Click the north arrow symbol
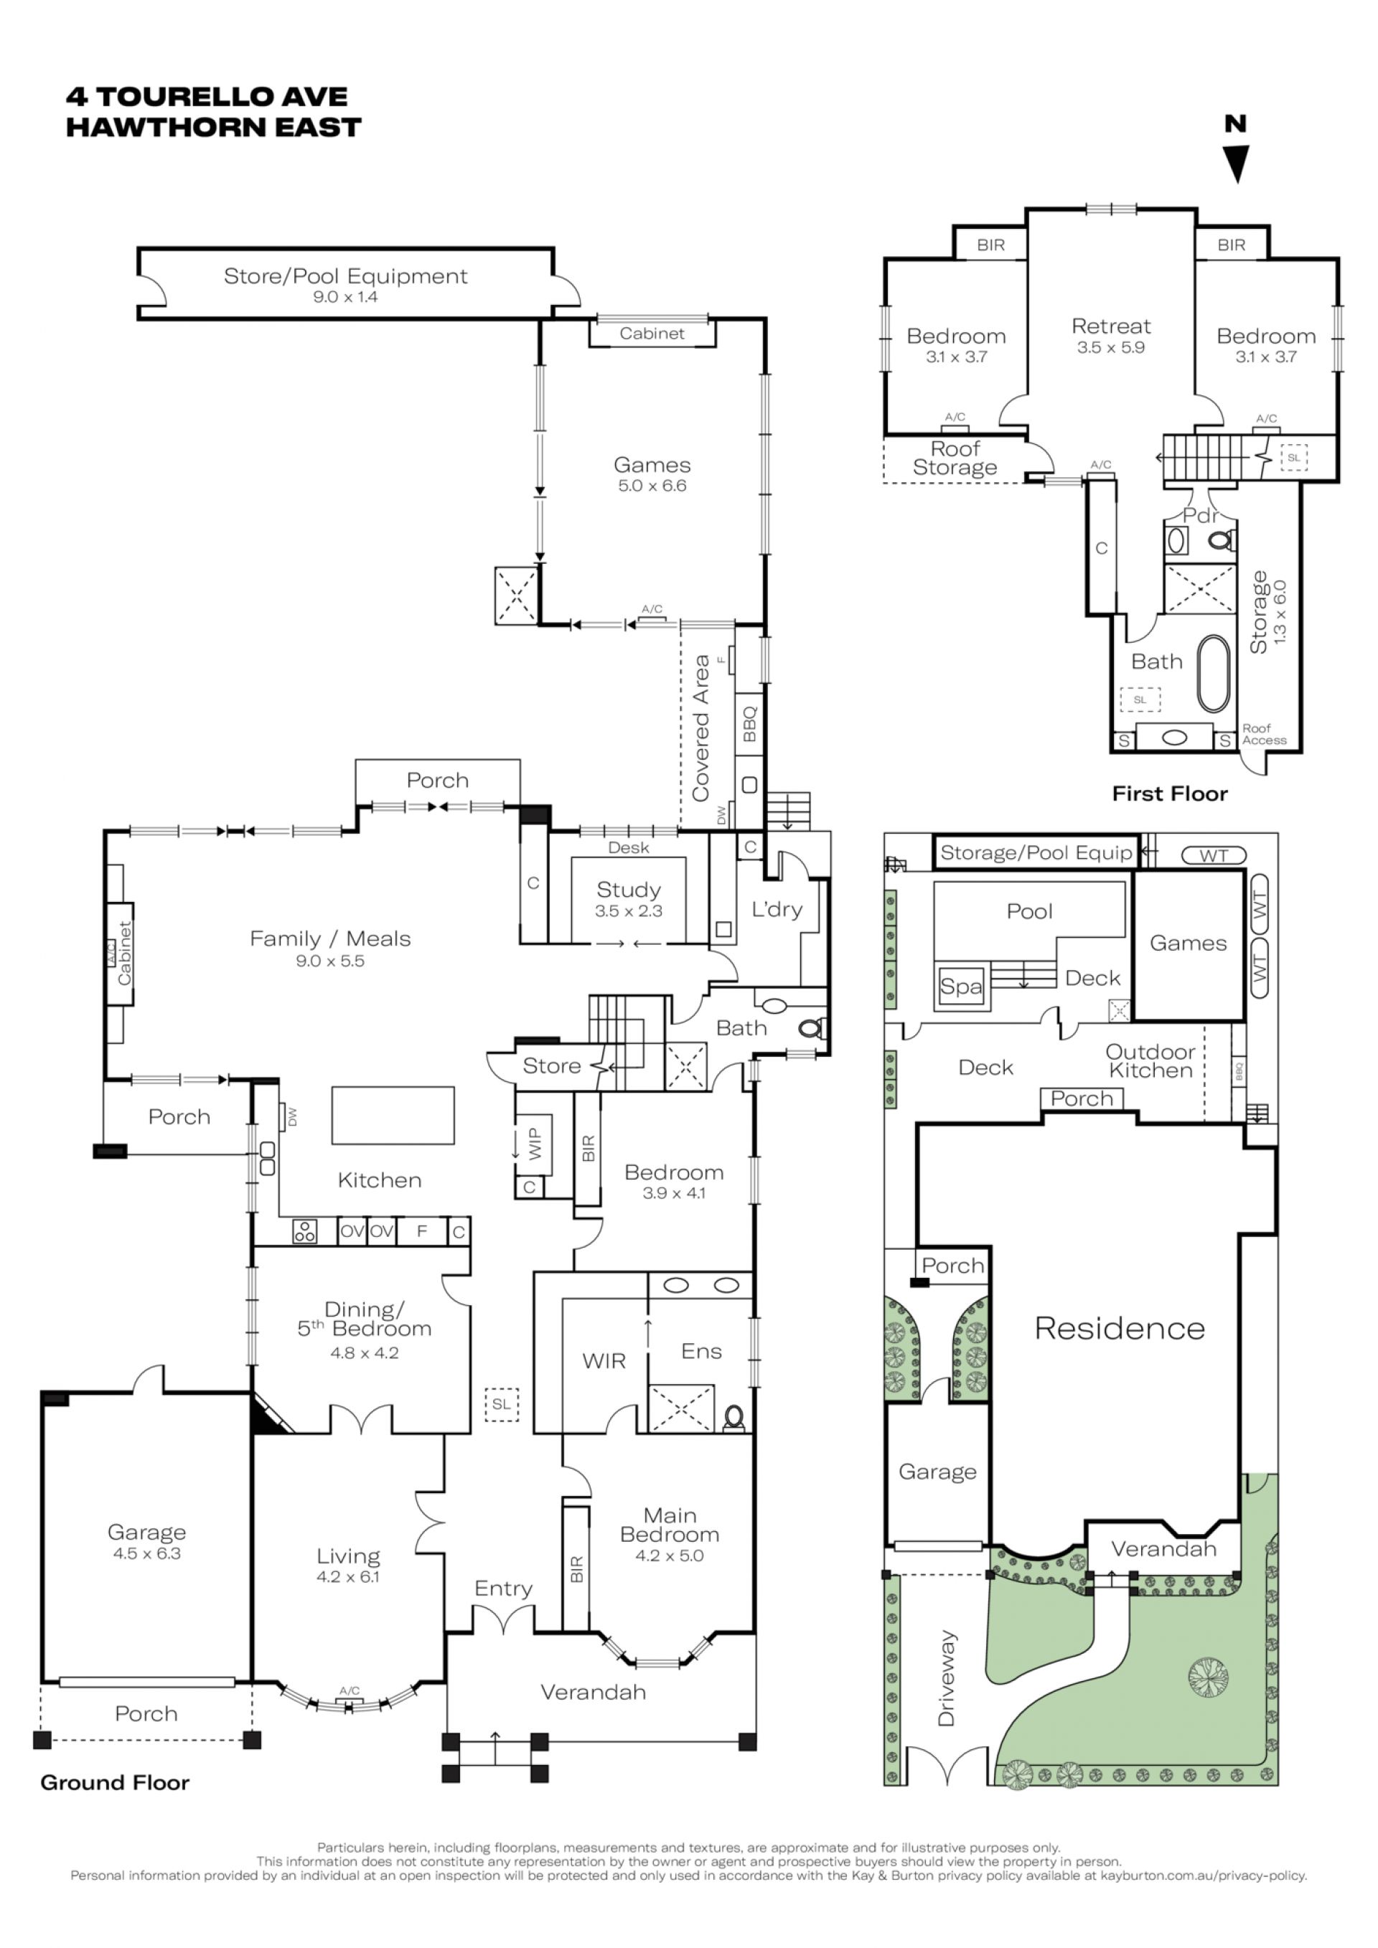coord(1237,164)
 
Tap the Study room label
coord(628,890)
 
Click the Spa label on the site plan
coord(960,987)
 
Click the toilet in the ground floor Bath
coord(810,1029)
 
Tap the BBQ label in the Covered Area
coord(749,725)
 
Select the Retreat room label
coord(1111,326)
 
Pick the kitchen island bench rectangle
coord(393,1116)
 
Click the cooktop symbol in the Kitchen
coord(304,1231)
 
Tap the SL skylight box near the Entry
coord(502,1404)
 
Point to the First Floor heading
coord(1170,794)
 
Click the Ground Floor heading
coord(115,1782)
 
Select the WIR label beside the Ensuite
coord(604,1362)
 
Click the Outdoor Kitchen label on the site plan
coord(1150,1061)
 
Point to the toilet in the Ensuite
coord(734,1418)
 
